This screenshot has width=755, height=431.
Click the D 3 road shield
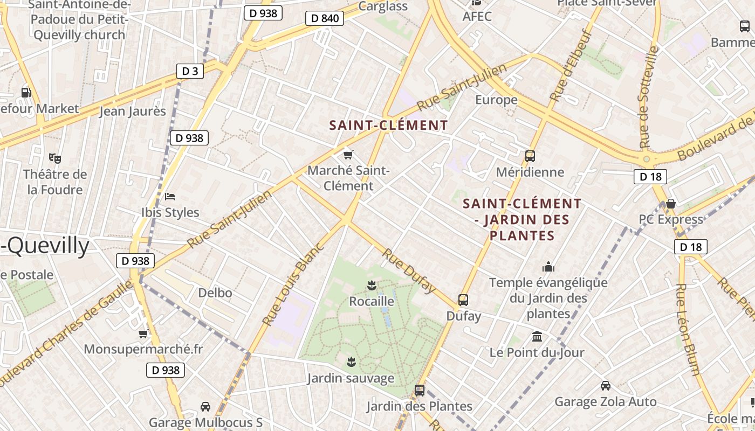[190, 71]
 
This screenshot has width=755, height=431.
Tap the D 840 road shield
[325, 18]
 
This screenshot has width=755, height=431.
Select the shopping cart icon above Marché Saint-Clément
[348, 155]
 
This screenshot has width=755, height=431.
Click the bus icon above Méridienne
[530, 156]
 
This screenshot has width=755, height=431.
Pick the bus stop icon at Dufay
[463, 300]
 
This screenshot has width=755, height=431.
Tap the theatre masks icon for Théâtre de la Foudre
[54, 158]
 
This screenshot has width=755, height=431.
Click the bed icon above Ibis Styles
[170, 197]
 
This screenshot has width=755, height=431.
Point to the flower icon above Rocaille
[371, 284]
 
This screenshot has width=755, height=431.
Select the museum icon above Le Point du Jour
[537, 337]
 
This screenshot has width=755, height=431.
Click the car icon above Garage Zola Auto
[606, 386]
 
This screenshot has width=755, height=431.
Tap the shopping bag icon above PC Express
[671, 204]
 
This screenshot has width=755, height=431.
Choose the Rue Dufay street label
[409, 271]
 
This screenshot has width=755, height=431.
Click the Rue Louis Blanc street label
[293, 284]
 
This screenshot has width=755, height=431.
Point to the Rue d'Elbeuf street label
[571, 65]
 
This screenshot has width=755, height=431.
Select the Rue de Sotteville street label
[649, 98]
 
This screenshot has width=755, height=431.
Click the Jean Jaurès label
[133, 112]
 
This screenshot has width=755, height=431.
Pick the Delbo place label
[215, 293]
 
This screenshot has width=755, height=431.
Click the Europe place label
[496, 100]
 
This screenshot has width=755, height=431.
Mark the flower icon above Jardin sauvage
[351, 361]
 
